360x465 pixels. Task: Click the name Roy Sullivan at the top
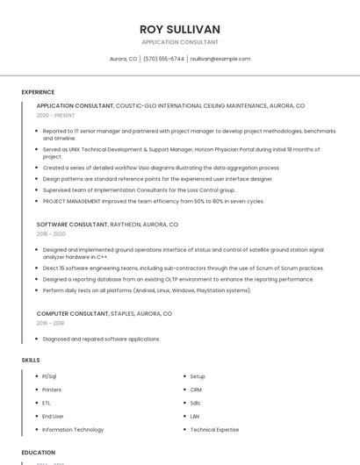[180, 29]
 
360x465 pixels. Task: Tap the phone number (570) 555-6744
[164, 59]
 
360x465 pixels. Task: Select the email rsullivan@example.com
[220, 59]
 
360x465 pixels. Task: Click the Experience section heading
[38, 92]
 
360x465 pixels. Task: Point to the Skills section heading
[31, 360]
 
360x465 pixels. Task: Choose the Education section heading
[38, 453]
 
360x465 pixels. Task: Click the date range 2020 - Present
[55, 115]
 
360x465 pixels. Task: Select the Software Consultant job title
[72, 225]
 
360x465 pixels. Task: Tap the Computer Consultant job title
[73, 313]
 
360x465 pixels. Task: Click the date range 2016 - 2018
[51, 323]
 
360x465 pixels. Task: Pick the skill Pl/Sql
[49, 376]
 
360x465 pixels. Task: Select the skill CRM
[196, 390]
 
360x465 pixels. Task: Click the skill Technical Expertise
[214, 430]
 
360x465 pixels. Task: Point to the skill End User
[53, 416]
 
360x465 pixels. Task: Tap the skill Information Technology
[73, 430]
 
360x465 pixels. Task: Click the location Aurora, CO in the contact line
[123, 59]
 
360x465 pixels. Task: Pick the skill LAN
[195, 416]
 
